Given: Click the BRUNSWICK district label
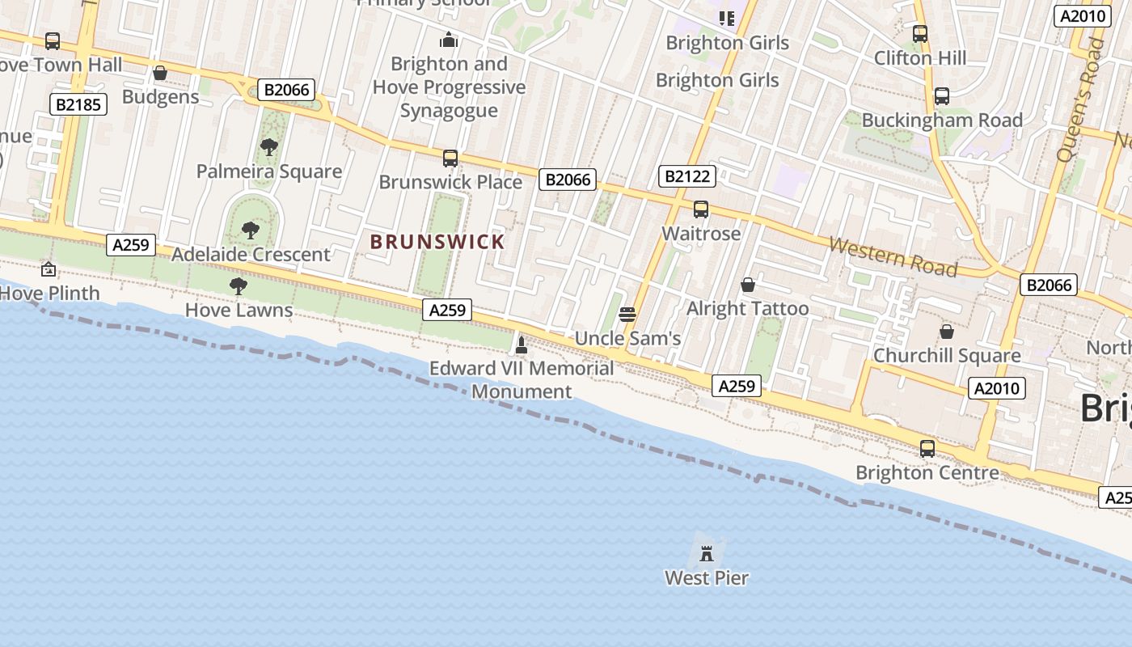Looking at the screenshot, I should tap(437, 241).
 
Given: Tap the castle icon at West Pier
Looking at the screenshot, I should tap(707, 554).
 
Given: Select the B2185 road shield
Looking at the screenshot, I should tap(78, 104).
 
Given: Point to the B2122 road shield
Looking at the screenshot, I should tap(686, 176).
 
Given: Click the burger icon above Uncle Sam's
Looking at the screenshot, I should tap(627, 315).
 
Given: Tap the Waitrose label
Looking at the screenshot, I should tap(701, 234).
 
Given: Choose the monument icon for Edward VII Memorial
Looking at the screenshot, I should tap(522, 345).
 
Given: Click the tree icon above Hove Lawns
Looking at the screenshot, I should tap(238, 285).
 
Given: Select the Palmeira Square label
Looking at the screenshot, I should tap(269, 171).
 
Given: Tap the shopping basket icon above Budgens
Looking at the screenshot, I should tap(160, 74).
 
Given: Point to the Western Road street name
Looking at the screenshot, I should tap(893, 256).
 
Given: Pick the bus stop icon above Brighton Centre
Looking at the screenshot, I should tap(927, 448).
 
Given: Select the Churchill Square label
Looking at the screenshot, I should tap(947, 356).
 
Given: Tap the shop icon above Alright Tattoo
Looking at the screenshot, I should tap(748, 285).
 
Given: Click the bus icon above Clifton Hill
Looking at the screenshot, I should tap(920, 34).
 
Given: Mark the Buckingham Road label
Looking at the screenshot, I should tap(942, 121).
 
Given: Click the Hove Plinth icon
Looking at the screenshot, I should tap(49, 269).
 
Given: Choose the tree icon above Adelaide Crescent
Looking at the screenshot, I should tap(251, 230).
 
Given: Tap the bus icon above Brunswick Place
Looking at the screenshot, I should tap(450, 159).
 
